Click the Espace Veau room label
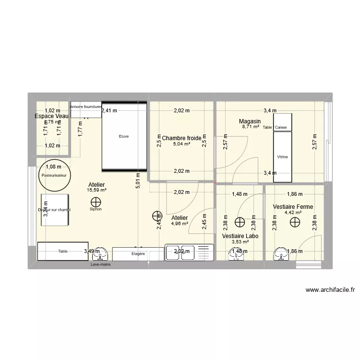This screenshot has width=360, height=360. click(51, 116)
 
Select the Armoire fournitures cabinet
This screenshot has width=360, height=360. click(86, 107)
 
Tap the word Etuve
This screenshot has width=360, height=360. click(124, 136)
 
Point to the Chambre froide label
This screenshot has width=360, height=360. click(181, 138)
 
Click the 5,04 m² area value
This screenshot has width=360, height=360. click(181, 144)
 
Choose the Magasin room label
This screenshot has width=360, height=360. click(250, 121)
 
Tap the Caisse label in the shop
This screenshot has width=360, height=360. click(281, 127)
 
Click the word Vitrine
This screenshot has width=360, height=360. click(282, 156)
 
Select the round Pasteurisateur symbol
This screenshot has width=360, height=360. click(54, 175)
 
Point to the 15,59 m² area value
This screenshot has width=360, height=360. click(96, 190)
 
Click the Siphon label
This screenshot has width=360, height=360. click(96, 209)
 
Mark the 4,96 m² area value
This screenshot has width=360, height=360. click(179, 223)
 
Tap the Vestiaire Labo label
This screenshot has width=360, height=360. click(240, 236)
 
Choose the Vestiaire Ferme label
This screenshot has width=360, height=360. click(293, 207)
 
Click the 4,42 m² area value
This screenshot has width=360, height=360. click(293, 213)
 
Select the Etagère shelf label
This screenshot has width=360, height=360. click(138, 253)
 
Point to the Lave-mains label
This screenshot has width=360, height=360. click(101, 264)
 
